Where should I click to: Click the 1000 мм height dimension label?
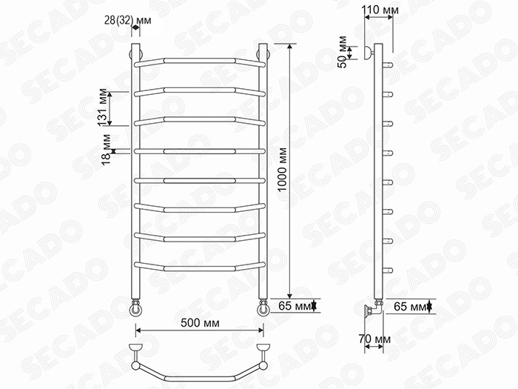tap(282, 170)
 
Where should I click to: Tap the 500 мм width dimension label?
tap(200, 322)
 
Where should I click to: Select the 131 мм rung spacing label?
tap(103, 107)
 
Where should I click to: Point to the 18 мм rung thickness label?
tap(107, 150)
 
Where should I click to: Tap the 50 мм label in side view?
tap(342, 52)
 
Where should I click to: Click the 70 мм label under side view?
tap(374, 339)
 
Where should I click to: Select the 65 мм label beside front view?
tap(295, 306)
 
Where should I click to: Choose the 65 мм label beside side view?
tap(410, 307)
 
